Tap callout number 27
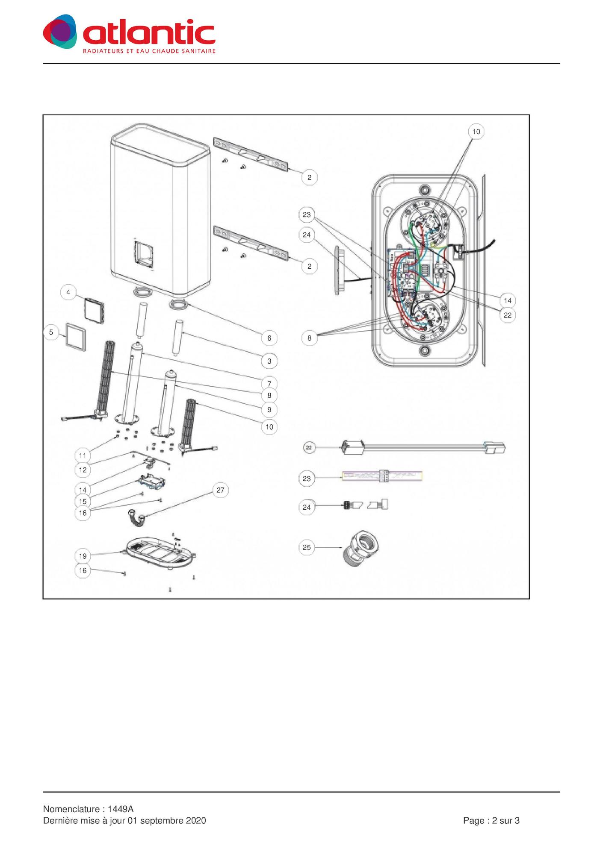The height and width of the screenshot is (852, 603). click(220, 490)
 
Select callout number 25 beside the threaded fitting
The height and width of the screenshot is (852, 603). click(307, 547)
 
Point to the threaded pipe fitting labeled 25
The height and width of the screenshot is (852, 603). click(361, 549)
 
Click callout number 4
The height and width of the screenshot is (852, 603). click(68, 293)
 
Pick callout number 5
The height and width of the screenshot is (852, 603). click(51, 332)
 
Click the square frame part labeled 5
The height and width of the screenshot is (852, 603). click(75, 336)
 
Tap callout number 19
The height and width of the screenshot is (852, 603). click(83, 556)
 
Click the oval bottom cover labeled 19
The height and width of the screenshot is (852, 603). click(159, 553)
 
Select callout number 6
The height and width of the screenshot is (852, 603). click(269, 338)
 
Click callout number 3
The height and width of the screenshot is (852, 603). click(269, 361)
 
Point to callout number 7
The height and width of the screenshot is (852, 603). click(269, 383)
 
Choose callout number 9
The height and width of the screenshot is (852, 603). click(269, 410)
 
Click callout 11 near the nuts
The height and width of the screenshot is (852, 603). click(83, 455)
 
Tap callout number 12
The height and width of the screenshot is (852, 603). click(83, 470)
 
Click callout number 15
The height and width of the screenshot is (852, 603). click(83, 501)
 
